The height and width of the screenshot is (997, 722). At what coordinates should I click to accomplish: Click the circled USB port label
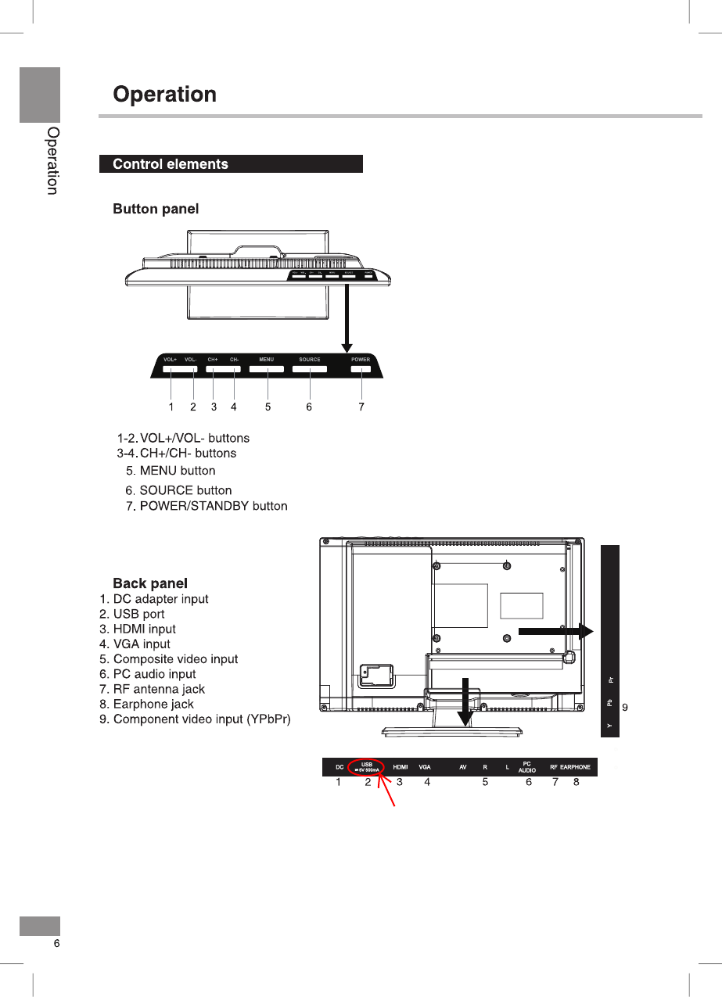(x=366, y=766)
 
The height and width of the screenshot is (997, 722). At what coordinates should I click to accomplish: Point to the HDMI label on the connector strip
(x=400, y=767)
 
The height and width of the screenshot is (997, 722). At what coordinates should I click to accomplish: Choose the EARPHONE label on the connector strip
(x=575, y=767)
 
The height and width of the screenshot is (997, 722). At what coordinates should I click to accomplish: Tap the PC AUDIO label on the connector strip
(x=527, y=767)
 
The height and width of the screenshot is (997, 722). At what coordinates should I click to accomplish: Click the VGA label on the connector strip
(x=425, y=767)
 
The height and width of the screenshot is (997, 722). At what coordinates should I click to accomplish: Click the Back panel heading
(x=150, y=583)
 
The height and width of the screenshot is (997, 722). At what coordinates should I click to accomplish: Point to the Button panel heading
(x=156, y=209)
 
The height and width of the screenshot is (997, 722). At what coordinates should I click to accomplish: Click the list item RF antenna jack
(x=159, y=689)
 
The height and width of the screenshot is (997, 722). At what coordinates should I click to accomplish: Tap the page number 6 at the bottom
(x=56, y=944)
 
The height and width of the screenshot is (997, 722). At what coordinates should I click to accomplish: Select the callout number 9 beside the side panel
(x=624, y=707)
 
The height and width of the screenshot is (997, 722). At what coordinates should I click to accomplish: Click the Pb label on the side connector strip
(x=609, y=703)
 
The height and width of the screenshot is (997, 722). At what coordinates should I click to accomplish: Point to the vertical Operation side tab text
(x=52, y=161)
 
